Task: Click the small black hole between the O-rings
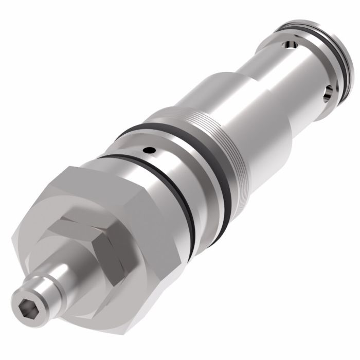tap(149, 151)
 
